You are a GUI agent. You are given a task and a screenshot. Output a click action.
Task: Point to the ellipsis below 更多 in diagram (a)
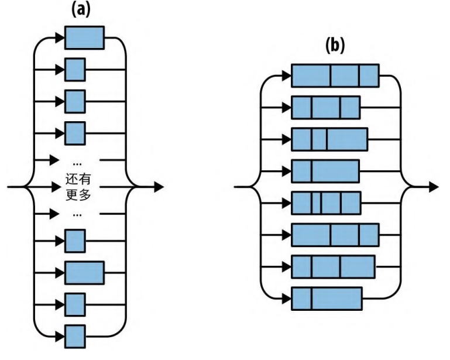pyautogui.click(x=75, y=215)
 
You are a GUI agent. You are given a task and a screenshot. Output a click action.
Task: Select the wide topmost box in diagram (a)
pyautogui.click(x=84, y=37)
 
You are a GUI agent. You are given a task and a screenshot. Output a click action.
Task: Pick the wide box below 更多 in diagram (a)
pyautogui.click(x=84, y=272)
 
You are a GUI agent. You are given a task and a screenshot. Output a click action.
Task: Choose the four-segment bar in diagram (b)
pyautogui.click(x=326, y=203)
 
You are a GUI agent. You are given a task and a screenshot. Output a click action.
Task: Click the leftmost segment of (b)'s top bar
pyautogui.click(x=311, y=76)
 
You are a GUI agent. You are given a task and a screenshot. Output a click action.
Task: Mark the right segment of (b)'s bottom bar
pyautogui.click(x=336, y=299)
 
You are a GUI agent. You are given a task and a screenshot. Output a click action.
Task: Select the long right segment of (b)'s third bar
pyautogui.click(x=347, y=139)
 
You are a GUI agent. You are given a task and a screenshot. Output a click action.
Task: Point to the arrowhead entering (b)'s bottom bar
pyautogui.click(x=286, y=299)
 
